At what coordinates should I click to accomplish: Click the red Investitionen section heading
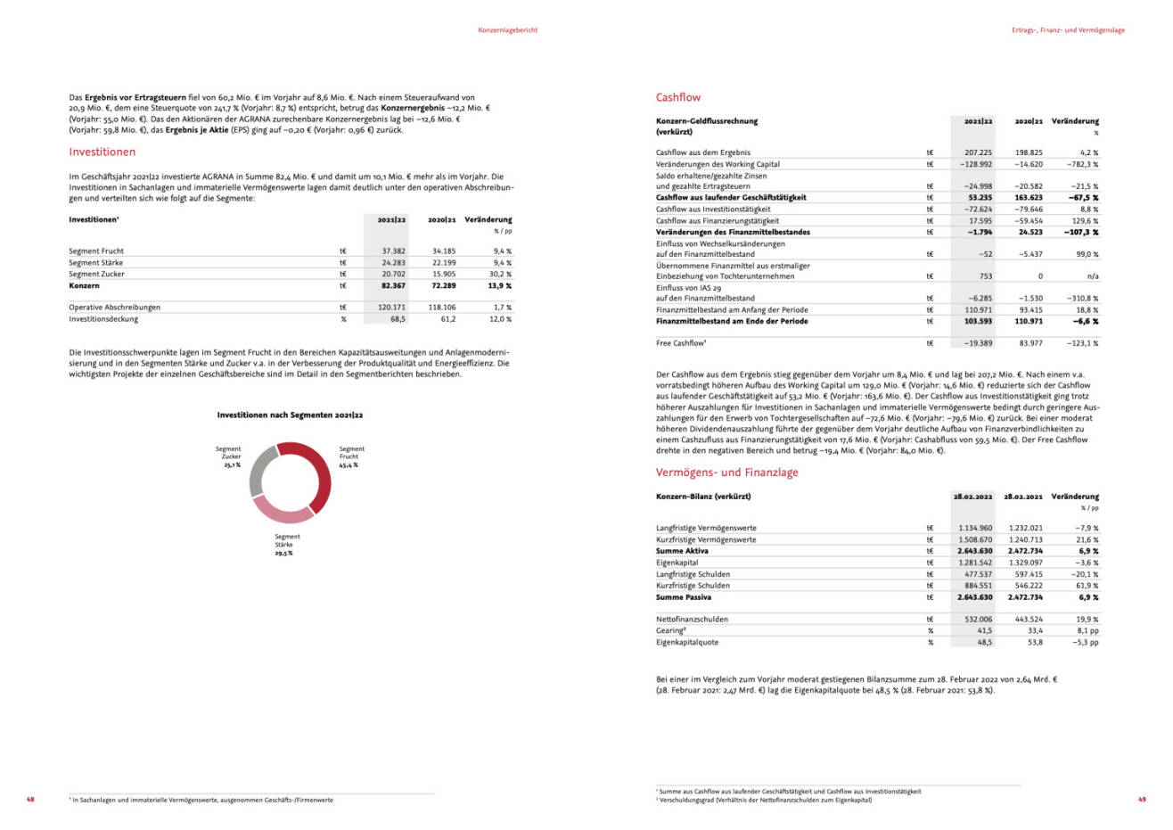click(x=102, y=152)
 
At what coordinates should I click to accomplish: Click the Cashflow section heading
click(x=677, y=98)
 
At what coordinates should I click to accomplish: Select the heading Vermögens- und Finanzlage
click(x=726, y=473)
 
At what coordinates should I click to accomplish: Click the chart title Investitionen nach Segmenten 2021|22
click(x=290, y=415)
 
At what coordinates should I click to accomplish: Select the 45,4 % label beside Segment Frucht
click(x=348, y=465)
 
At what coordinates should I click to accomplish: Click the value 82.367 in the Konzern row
click(x=391, y=286)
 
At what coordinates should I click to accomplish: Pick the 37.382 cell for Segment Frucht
click(x=392, y=251)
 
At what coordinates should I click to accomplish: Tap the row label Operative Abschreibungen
click(x=114, y=308)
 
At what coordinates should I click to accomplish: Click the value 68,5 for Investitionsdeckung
click(x=398, y=319)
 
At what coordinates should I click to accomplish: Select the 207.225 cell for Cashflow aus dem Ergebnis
click(x=977, y=153)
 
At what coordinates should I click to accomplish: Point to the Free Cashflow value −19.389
click(x=977, y=343)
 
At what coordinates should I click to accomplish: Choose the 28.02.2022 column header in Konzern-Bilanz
click(x=972, y=497)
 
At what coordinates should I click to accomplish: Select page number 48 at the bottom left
click(x=30, y=800)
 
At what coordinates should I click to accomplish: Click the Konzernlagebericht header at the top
click(x=507, y=30)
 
